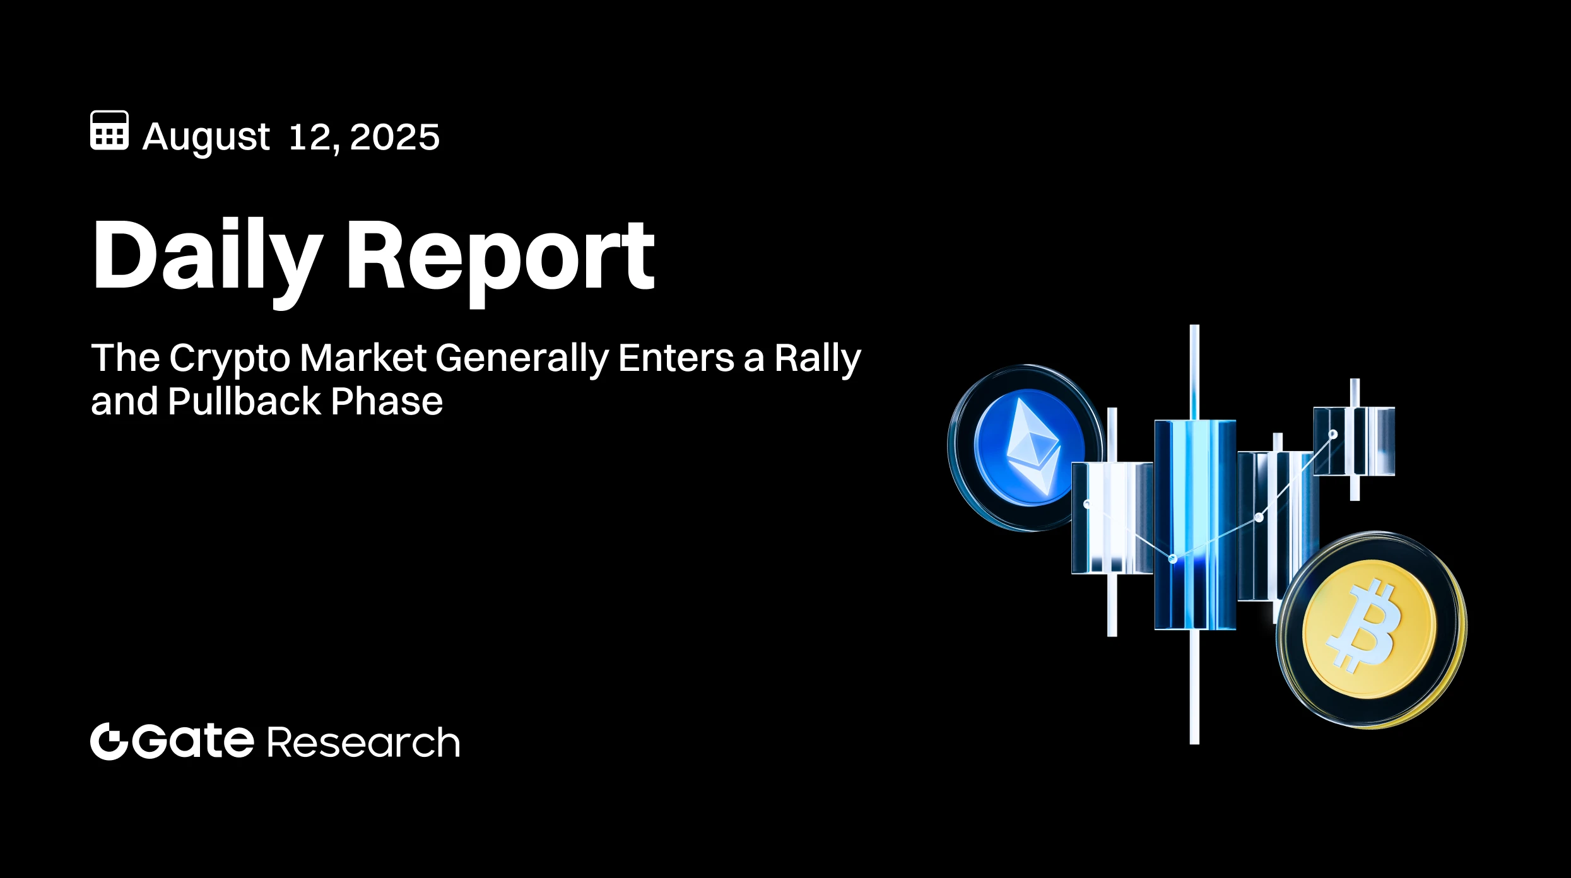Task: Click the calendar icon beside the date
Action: (109, 131)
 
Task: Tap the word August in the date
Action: (206, 137)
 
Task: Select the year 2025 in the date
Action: (394, 137)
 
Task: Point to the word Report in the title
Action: (500, 255)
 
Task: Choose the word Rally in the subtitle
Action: (817, 358)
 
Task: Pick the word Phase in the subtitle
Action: (387, 401)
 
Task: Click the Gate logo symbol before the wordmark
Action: (109, 741)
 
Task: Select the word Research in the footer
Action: (364, 742)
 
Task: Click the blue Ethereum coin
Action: (1025, 448)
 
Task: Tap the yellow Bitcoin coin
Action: (1370, 629)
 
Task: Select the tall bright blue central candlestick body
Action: (1194, 524)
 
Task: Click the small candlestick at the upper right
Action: (1354, 441)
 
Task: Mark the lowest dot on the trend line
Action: (1173, 559)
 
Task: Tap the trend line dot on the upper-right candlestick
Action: (1333, 435)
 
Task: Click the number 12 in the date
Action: (309, 137)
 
